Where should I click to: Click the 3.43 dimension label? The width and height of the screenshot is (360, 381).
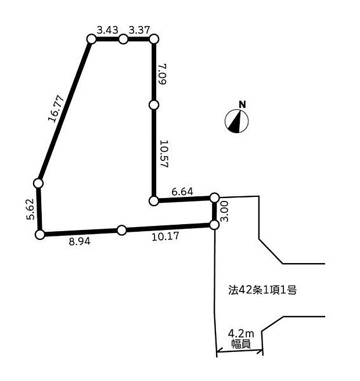(107, 30)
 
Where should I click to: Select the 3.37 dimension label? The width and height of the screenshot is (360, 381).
(139, 30)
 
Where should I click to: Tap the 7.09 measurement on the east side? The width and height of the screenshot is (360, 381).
(162, 74)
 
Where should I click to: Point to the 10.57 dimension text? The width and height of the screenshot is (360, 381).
(164, 153)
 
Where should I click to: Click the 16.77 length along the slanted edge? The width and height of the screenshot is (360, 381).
(56, 109)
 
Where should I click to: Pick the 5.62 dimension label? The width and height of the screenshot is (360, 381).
(30, 209)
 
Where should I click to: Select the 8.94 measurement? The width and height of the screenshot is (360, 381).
(80, 242)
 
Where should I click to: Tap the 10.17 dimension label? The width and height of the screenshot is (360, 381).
(165, 236)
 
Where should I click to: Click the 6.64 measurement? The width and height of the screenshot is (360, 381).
(182, 192)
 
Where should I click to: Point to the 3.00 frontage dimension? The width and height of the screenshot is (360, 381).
(225, 211)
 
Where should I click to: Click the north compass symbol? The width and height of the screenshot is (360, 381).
(236, 121)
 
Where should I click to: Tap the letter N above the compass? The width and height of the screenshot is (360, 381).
(243, 105)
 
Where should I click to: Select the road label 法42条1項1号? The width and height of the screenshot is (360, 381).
(262, 290)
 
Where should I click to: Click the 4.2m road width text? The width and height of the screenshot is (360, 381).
(241, 333)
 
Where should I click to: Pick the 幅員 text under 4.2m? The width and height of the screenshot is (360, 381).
(241, 344)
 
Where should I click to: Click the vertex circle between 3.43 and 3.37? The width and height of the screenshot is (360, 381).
(124, 39)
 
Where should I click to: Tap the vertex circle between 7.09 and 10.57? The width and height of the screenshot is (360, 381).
(154, 105)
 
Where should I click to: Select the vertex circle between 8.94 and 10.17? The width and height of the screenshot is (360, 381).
(122, 230)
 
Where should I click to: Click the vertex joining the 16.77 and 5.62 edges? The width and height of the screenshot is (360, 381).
(38, 184)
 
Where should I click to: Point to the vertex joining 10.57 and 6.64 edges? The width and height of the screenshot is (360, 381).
(153, 201)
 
